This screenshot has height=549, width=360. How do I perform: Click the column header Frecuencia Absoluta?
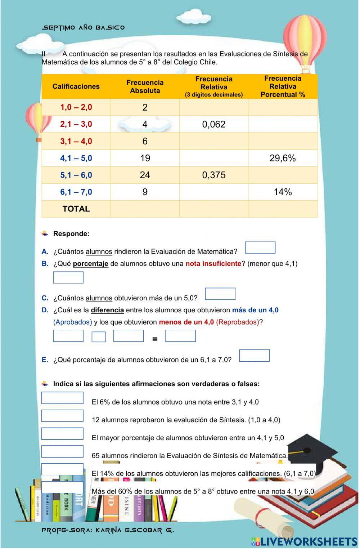point(145,86)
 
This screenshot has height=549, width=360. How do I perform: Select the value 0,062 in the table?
point(214,124)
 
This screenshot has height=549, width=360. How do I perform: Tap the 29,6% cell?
point(283,158)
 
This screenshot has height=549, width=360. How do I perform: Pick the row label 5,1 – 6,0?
point(76,175)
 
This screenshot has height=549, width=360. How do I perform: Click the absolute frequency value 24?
point(145,175)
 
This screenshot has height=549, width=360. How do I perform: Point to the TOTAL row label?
point(76,209)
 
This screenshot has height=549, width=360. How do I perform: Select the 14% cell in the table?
point(283,192)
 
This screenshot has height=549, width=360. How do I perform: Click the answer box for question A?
point(260,248)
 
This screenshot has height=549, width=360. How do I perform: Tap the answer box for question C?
point(220,294)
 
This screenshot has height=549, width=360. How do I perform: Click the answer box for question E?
point(254,356)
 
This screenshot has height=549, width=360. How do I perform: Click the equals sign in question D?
point(155,339)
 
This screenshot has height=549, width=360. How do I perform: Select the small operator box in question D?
point(99,337)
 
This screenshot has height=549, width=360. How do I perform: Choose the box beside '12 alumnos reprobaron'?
point(62,416)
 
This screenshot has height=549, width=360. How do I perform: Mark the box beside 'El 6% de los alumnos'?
point(62,398)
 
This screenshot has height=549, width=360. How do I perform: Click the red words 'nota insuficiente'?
point(213,264)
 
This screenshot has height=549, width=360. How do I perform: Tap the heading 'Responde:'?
point(71,234)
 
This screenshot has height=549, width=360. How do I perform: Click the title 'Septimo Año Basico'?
point(84,28)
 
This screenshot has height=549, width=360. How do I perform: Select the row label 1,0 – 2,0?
point(76,107)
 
